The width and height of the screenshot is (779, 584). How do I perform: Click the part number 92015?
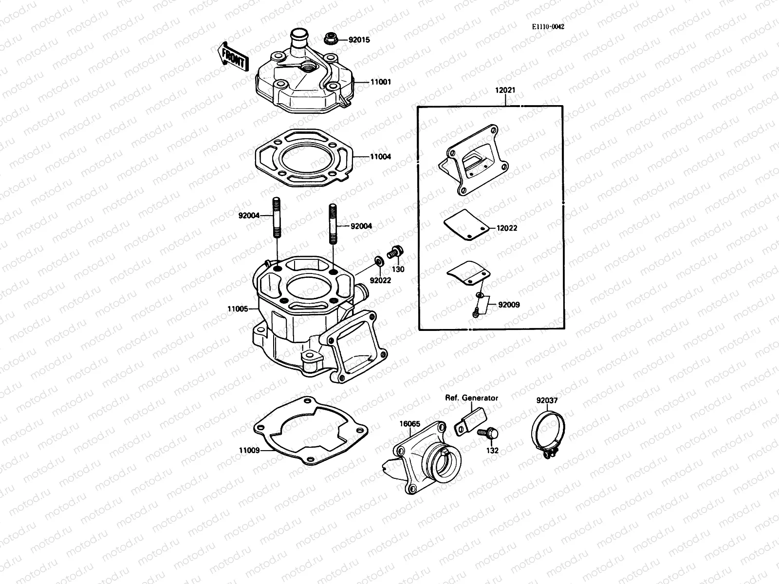point(359,40)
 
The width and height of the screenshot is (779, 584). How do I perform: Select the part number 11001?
point(380,83)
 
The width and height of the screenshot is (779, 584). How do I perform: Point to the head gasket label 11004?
point(380,157)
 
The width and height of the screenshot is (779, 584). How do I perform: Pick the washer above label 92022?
point(378,263)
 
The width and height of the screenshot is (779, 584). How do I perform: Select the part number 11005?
point(238,309)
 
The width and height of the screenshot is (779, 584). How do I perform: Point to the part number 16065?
point(409,423)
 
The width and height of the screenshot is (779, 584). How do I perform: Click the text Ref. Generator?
point(471,398)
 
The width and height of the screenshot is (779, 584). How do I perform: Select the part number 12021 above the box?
point(506,91)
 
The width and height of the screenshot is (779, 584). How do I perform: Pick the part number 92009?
point(509,305)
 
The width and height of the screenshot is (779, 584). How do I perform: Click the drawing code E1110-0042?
point(548,27)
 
